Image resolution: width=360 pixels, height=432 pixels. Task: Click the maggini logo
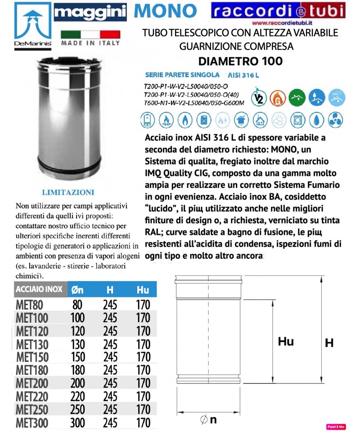pos(90,12)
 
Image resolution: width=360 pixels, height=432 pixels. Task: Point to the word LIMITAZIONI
pos(68,192)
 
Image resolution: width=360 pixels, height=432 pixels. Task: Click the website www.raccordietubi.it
pos(283,23)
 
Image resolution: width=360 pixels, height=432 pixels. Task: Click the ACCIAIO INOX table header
pos(39,289)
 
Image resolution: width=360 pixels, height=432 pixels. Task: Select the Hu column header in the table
pos(143,290)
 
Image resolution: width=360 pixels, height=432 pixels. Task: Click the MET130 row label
pos(32,344)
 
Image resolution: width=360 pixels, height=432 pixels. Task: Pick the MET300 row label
pos(32,423)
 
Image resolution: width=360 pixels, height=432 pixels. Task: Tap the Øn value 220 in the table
pos(78,396)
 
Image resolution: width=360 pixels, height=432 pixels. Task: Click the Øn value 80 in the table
pos(77,305)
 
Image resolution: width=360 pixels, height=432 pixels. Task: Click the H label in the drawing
pos(329,343)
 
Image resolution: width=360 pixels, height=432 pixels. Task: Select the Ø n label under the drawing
pos(207,419)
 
